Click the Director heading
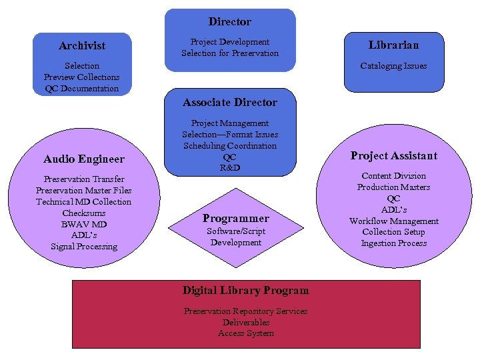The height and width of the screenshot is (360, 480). (230, 22)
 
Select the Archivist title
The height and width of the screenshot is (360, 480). (82, 46)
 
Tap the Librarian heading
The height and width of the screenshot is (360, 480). (393, 45)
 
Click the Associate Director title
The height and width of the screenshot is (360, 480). (230, 103)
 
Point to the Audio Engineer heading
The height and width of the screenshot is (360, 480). (84, 159)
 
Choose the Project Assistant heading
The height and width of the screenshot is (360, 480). (394, 156)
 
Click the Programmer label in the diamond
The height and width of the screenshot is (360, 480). (236, 219)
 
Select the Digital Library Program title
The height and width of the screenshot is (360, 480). (246, 291)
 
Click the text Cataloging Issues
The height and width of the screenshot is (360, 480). (393, 66)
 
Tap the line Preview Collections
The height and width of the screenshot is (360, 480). (82, 77)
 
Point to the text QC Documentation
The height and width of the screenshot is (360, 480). (82, 89)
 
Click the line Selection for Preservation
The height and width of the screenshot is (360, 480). (230, 53)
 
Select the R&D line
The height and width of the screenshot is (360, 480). (230, 168)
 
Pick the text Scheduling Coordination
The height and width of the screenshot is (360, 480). (230, 146)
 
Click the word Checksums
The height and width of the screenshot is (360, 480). (84, 213)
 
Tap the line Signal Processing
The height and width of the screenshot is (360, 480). (84, 247)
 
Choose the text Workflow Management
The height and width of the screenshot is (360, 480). (394, 221)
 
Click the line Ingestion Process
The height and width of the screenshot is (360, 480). (394, 243)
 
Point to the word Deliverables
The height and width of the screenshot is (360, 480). (246, 323)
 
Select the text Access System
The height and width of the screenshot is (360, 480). (246, 333)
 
